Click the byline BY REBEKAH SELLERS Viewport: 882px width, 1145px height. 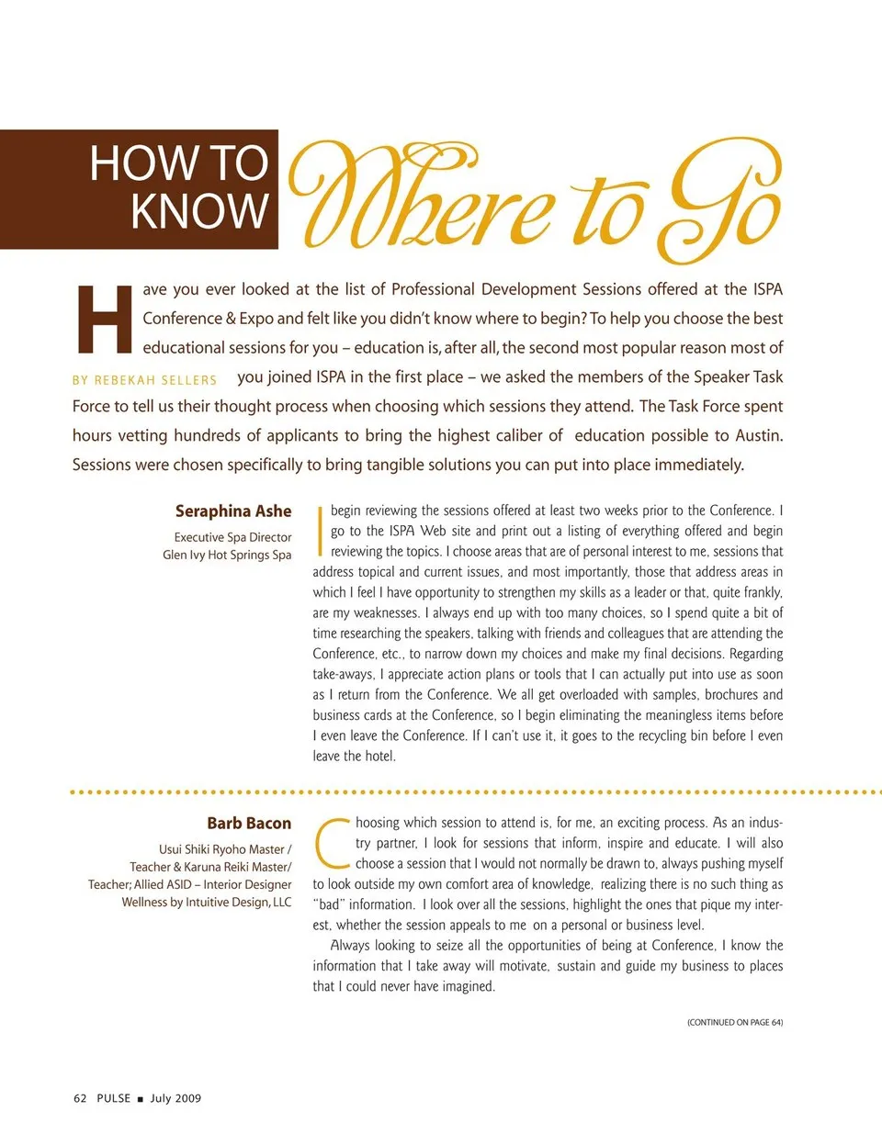144,380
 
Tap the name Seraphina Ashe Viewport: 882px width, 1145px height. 233,511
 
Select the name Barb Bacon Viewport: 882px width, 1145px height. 249,824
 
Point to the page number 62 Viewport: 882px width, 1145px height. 80,1098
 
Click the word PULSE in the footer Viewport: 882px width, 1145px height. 114,1098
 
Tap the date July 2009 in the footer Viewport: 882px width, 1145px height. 175,1098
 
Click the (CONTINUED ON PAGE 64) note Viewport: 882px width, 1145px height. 735,1022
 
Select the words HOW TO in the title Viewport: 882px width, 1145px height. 178,163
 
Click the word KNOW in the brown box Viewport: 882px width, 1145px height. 199,211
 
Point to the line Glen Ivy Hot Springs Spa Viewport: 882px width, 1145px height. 227,555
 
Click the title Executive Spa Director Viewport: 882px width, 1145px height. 233,537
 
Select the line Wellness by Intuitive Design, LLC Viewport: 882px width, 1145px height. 207,903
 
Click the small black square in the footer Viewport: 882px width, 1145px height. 140,1099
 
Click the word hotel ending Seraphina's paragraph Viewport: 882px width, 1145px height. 379,757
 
